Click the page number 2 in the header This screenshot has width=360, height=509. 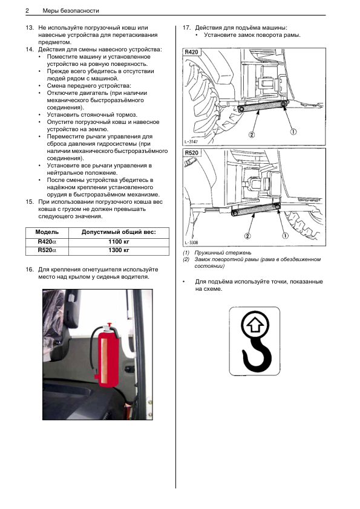tap(27, 11)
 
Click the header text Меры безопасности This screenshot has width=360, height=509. tap(71, 11)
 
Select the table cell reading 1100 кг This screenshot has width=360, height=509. tap(119, 242)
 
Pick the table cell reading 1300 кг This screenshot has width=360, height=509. tap(119, 250)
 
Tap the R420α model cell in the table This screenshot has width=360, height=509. tap(47, 242)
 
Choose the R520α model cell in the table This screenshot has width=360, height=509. tap(47, 250)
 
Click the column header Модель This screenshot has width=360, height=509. tap(47, 232)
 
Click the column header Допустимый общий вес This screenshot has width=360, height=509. tap(119, 232)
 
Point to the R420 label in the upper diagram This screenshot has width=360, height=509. tap(191, 52)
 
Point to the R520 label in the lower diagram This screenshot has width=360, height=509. tap(191, 152)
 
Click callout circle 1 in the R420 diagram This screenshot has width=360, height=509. tap(293, 131)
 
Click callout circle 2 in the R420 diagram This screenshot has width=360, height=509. tap(252, 134)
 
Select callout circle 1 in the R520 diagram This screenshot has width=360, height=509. tap(285, 236)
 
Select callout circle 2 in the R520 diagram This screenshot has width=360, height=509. tap(247, 236)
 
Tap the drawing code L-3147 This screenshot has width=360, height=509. tap(191, 142)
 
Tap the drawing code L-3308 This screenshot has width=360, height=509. tap(191, 242)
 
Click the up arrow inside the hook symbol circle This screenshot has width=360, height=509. tap(256, 325)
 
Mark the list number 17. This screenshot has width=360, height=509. tap(186, 28)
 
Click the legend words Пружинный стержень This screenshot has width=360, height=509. tap(223, 253)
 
